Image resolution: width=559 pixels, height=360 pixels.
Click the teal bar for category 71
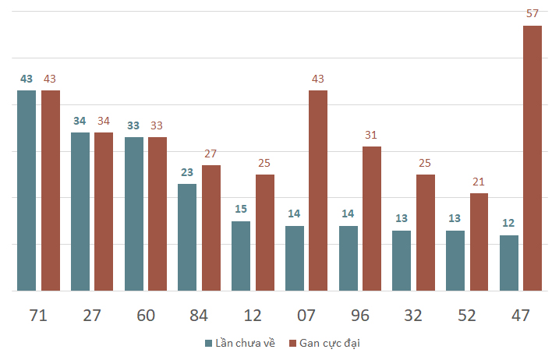[27, 191]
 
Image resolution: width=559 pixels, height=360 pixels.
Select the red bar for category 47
[532, 158]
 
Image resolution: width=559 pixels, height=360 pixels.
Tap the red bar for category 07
[318, 191]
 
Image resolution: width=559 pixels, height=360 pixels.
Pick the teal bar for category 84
[187, 238]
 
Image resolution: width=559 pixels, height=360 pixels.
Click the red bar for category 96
[372, 218]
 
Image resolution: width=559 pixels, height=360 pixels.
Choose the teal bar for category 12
[241, 256]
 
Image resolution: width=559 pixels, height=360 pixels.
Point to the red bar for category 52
[479, 242]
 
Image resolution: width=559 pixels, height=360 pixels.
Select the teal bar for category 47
[509, 263]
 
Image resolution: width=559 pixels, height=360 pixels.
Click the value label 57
[532, 13]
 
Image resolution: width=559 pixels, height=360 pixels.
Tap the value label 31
[371, 135]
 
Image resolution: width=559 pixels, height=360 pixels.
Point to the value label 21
[479, 182]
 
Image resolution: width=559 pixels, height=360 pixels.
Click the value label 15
[241, 209]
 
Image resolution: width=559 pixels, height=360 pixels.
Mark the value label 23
[187, 172]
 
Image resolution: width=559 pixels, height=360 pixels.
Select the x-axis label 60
[146, 316]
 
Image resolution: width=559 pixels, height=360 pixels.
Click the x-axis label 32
[413, 316]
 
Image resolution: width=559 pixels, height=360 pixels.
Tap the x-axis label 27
[92, 316]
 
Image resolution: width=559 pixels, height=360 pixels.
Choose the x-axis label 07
[306, 316]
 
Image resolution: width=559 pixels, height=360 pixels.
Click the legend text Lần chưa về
[246, 344]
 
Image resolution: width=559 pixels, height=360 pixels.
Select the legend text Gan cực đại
[330, 344]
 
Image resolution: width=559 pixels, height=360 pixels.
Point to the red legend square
[292, 344]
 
